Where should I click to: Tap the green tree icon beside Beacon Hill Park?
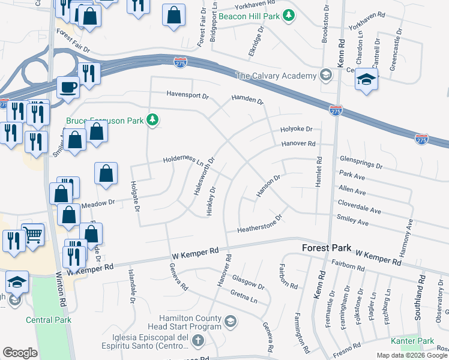tap(289, 15)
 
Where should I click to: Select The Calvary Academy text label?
tap(276, 76)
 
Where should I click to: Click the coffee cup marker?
tap(68, 87)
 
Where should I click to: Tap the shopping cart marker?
tap(32, 235)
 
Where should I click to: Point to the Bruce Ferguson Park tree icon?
tap(153, 121)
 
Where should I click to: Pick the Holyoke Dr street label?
tap(297, 129)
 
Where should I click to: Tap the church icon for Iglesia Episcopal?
tap(199, 340)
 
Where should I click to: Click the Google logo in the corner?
tap(20, 353)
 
